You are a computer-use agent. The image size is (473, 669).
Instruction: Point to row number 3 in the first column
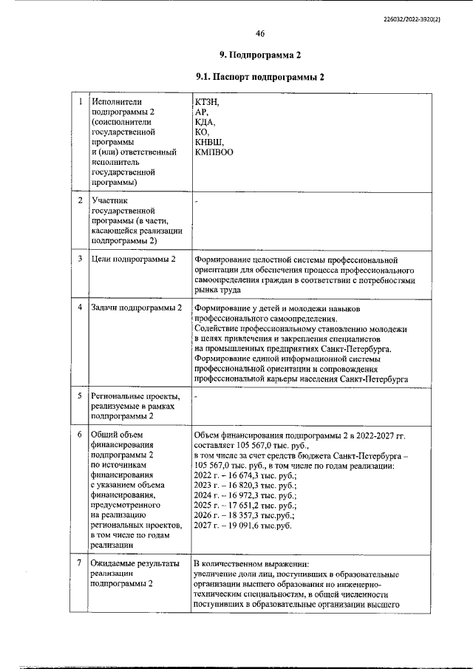tap(79, 259)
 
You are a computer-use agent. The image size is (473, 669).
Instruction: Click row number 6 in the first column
tap(79, 434)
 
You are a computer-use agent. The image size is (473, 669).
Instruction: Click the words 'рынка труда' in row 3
tap(220, 291)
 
